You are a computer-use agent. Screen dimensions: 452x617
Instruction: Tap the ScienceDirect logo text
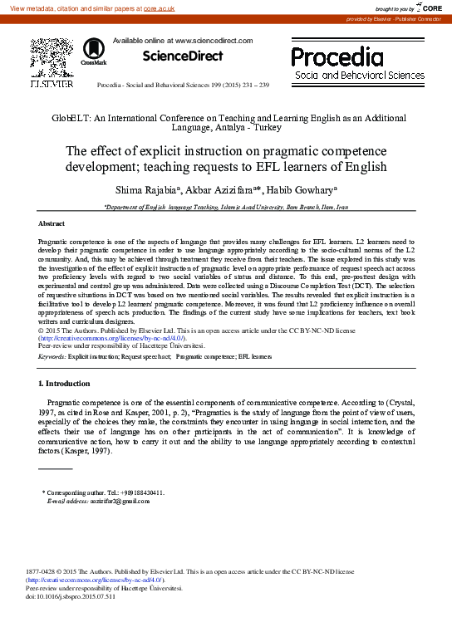(183, 56)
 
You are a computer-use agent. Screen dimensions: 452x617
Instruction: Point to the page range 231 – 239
(253, 86)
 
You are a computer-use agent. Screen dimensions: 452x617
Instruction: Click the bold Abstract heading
(52, 224)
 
